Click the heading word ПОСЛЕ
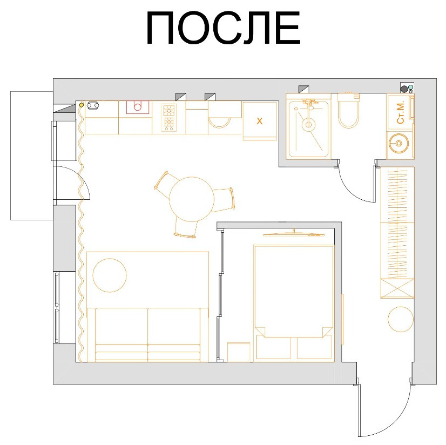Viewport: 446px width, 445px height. tap(223, 28)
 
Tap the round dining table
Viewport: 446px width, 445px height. tap(191, 199)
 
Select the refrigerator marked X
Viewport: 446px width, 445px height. tap(259, 121)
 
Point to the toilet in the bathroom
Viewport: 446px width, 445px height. tap(348, 112)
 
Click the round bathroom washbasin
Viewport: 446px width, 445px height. tap(400, 143)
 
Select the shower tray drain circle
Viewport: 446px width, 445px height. tap(308, 125)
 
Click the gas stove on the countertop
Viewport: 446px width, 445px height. tap(169, 117)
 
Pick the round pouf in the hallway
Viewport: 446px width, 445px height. tap(401, 319)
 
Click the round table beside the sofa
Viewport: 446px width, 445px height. tap(110, 275)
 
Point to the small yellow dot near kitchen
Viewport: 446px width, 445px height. tap(82, 104)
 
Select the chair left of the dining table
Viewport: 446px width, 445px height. tap(163, 182)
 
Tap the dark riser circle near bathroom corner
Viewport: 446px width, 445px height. tap(404, 87)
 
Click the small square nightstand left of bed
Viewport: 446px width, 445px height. tap(239, 352)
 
